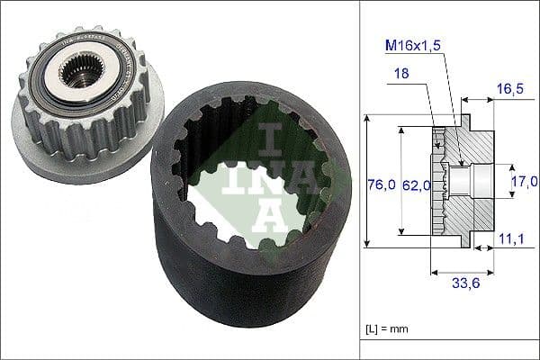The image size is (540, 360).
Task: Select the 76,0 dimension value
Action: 382,184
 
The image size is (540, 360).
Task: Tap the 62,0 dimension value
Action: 415,184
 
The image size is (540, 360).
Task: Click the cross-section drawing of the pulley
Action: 463,180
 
